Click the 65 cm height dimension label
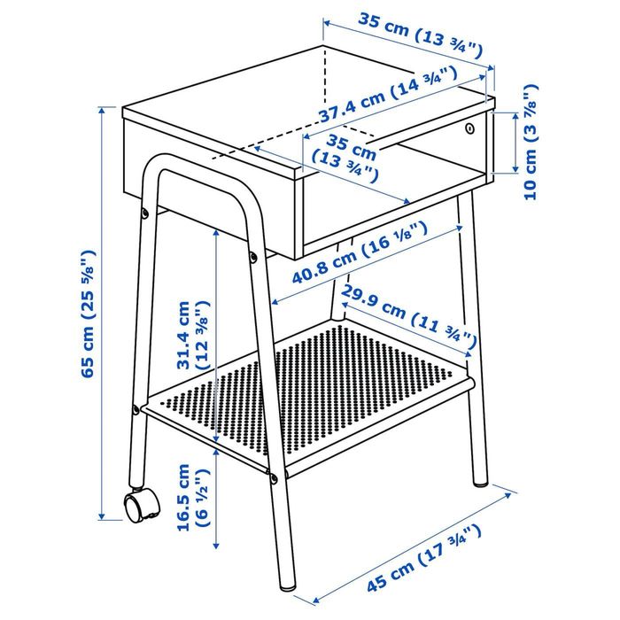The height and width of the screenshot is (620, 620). coord(89,314)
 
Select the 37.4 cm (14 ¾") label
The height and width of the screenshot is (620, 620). coord(389,104)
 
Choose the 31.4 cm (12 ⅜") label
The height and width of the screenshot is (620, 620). coord(192,336)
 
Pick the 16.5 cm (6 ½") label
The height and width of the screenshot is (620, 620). coord(192,496)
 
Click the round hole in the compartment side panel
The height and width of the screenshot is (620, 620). coord(468,129)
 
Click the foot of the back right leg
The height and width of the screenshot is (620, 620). coord(480,483)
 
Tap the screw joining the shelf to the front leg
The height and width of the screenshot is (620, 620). coord(274,478)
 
